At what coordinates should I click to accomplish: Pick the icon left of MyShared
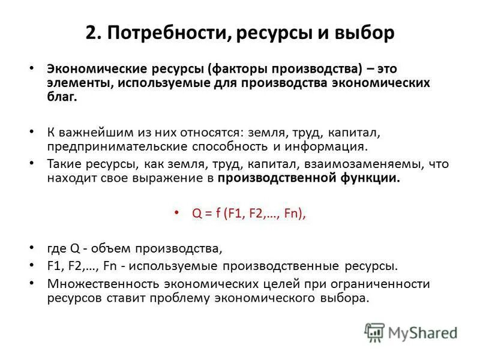[x=373, y=332]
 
